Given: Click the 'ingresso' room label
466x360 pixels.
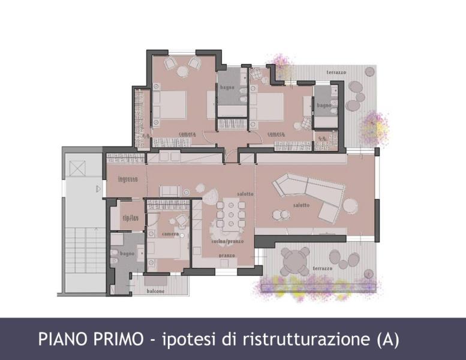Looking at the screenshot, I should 128,179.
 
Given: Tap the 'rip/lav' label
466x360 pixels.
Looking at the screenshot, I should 130,218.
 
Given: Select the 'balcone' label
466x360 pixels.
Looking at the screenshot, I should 156,291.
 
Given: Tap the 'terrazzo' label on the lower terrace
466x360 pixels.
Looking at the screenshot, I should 321,268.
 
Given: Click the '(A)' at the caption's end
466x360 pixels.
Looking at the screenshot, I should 387,339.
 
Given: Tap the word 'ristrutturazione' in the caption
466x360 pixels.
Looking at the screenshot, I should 309,339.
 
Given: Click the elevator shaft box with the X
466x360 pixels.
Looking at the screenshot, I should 78,168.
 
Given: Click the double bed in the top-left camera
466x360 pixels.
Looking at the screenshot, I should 170,105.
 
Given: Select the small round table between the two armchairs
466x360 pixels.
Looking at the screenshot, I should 182,71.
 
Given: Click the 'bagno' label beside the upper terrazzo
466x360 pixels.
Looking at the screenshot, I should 324,106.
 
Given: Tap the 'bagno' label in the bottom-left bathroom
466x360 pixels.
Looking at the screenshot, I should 127,254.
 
